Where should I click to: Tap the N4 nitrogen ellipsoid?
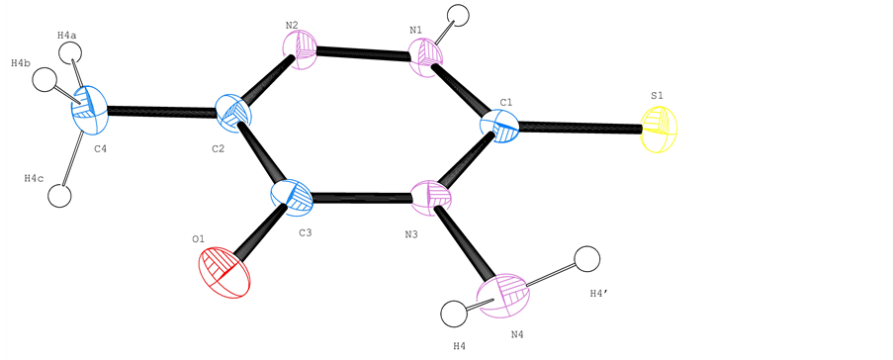click(503, 296)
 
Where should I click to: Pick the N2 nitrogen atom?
click(302, 49)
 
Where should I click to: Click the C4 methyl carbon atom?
click(90, 108)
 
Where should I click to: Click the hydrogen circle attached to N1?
click(459, 17)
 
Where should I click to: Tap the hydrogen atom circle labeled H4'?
click(587, 259)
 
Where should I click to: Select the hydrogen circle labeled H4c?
click(61, 192)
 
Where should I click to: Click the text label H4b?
click(21, 63)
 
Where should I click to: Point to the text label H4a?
click(67, 36)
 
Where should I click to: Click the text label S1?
click(657, 96)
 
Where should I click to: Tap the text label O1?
click(199, 239)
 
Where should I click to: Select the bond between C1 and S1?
click(580, 127)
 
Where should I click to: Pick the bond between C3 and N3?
click(361, 196)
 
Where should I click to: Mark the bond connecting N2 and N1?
click(363, 55)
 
